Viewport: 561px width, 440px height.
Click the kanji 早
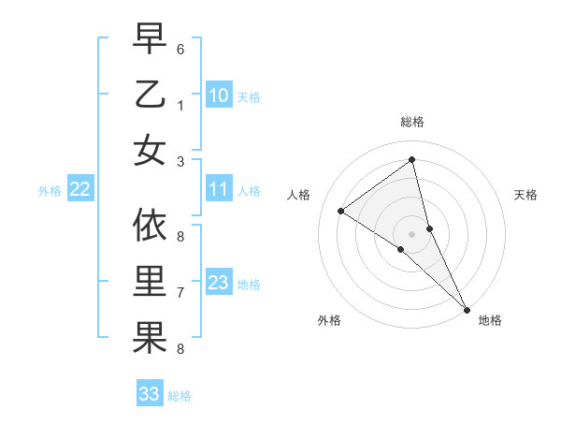point(150,39)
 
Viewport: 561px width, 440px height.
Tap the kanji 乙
point(150,95)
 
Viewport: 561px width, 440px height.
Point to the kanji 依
point(150,226)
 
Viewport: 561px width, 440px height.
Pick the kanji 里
point(150,282)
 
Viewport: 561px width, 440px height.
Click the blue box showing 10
point(219,95)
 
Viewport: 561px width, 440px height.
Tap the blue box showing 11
point(219,190)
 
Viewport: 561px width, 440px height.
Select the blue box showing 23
point(219,284)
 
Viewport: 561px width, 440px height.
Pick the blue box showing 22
point(80,190)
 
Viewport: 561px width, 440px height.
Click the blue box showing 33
point(150,394)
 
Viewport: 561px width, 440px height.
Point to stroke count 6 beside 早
point(180,48)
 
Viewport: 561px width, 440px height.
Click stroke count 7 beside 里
point(180,293)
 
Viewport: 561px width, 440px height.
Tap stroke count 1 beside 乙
point(180,106)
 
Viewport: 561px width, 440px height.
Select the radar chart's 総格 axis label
point(411,122)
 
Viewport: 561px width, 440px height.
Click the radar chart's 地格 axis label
point(490,320)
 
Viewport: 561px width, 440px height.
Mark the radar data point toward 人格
point(341,211)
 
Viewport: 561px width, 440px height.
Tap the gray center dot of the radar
point(411,232)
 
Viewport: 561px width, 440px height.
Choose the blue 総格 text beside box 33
point(180,396)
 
